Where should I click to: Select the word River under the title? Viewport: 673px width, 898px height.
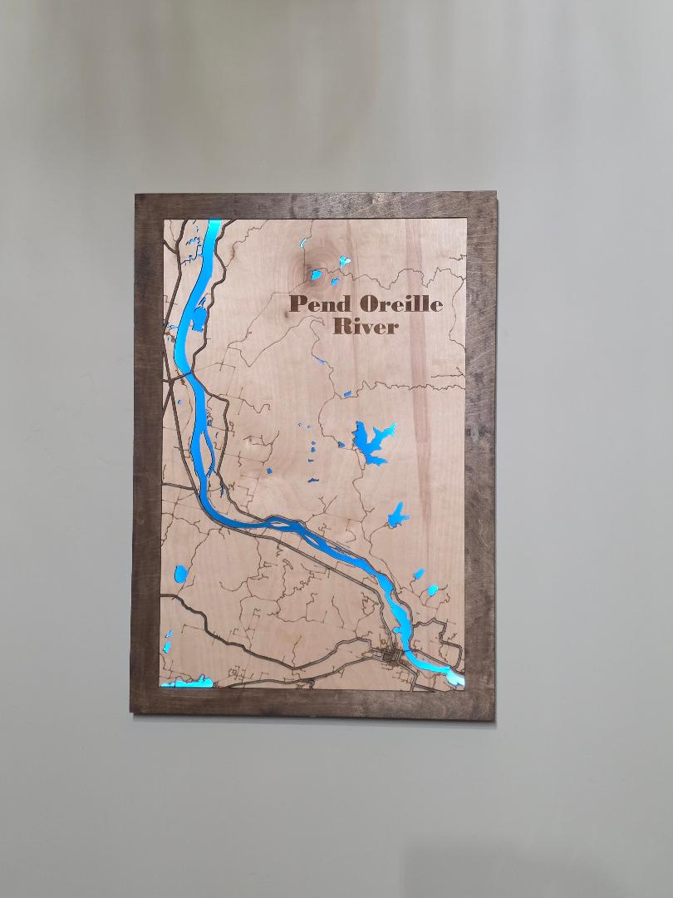[365, 326]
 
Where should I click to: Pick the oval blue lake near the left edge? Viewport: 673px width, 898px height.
[180, 574]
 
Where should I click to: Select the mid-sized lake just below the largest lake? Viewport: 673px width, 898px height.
[398, 516]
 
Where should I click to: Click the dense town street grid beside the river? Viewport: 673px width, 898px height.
[391, 657]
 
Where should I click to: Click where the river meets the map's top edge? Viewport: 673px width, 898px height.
[214, 221]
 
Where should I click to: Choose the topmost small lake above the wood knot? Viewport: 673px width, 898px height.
[303, 244]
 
